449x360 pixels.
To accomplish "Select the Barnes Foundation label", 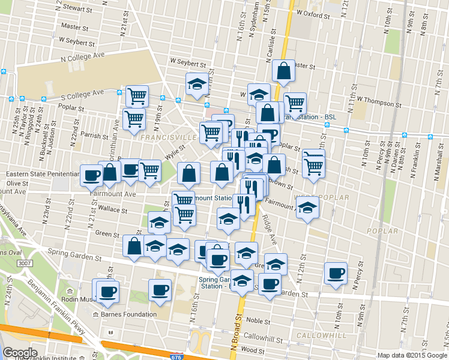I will coord(128,314).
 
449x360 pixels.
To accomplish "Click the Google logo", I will coord(20,353).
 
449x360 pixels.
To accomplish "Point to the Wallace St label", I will coord(113,210).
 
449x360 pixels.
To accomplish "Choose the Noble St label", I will coord(259,321).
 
